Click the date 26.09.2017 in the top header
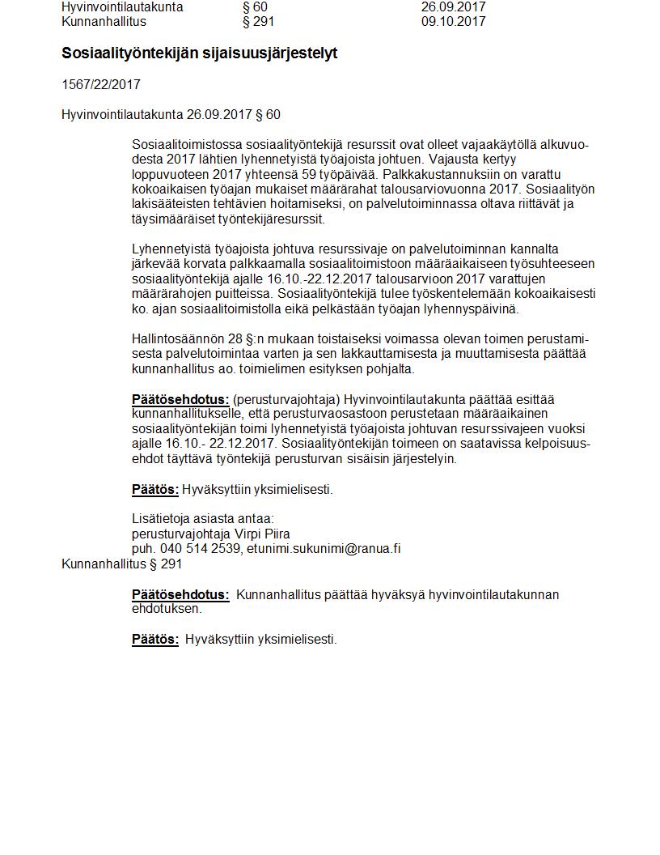tap(453, 7)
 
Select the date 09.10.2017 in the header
tap(453, 22)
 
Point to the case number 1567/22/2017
tap(101, 84)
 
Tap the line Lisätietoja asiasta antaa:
tap(203, 519)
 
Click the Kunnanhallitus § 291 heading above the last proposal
tap(122, 564)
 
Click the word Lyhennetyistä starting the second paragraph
tap(172, 249)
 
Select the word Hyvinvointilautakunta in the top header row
tap(122, 7)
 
